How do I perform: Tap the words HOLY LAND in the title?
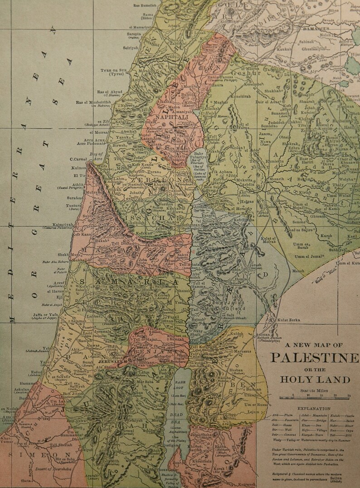coord(315,380)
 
